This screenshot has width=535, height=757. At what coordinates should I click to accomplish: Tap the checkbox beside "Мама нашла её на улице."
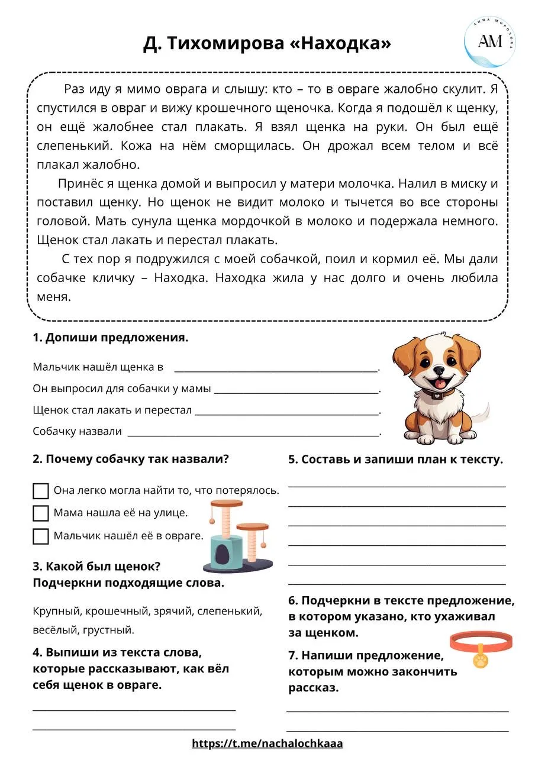[41, 513]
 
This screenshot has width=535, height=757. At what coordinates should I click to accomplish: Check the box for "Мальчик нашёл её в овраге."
[41, 536]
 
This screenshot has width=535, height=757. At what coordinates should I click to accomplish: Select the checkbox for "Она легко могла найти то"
[41, 491]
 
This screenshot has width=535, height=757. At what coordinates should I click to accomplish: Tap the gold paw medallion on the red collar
[481, 659]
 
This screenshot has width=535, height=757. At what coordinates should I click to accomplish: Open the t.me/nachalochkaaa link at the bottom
[267, 743]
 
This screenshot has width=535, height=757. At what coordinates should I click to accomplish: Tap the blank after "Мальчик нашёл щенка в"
[276, 367]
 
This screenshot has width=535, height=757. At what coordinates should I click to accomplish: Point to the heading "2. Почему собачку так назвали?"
[131, 460]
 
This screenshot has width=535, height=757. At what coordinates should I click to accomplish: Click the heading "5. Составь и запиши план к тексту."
[395, 460]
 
